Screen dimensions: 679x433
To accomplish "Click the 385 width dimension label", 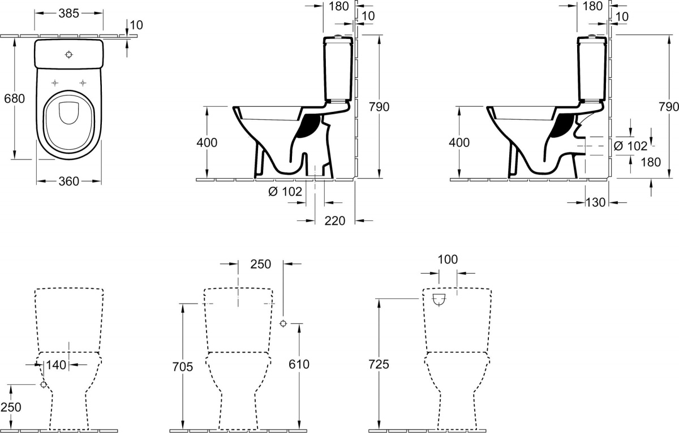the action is [x=69, y=14].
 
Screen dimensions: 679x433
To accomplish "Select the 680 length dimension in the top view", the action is [x=14, y=99].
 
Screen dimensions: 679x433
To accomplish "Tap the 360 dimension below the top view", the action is [x=69, y=181].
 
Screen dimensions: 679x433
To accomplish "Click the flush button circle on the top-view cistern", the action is [x=69, y=54].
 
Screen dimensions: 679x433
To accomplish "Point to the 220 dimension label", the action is [x=334, y=220].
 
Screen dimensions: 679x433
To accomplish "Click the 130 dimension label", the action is [x=595, y=202].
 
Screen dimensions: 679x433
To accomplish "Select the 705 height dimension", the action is [x=182, y=367].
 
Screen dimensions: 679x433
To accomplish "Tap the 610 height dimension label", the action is [x=299, y=364].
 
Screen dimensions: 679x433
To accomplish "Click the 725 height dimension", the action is [x=379, y=364].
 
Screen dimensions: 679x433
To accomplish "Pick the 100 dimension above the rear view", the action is [x=448, y=259].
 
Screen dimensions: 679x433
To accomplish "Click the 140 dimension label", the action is [x=56, y=365].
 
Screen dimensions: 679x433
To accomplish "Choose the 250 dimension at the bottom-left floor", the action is [x=11, y=407].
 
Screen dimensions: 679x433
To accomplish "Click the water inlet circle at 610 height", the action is [x=283, y=324].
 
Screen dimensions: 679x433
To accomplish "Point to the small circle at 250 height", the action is [x=44, y=384].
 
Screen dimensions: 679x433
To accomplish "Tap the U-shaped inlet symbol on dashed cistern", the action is [x=439, y=300].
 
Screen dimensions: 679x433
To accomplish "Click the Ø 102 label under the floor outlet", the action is [x=285, y=192].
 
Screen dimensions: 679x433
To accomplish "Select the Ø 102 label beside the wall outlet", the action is [x=630, y=146].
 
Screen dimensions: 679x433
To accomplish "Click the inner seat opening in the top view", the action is [x=69, y=113].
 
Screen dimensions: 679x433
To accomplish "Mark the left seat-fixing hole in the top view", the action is [x=55, y=83].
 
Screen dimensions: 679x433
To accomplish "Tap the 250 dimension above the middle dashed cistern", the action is [x=261, y=265].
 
